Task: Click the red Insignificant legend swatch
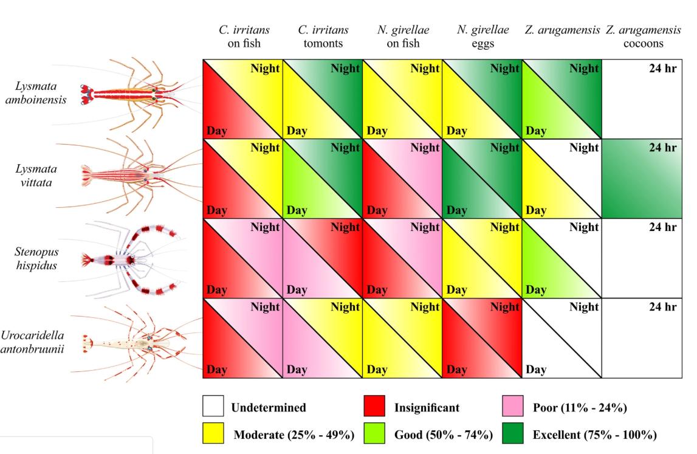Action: (374, 407)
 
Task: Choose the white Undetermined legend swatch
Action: (213, 407)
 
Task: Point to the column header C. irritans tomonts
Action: (323, 36)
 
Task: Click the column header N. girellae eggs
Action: (482, 36)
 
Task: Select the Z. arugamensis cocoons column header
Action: (643, 36)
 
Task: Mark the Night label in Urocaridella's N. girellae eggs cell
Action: (504, 308)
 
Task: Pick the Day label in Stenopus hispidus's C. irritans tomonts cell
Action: (297, 290)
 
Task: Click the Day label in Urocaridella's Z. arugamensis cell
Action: (535, 370)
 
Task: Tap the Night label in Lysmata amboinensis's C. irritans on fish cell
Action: (265, 69)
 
